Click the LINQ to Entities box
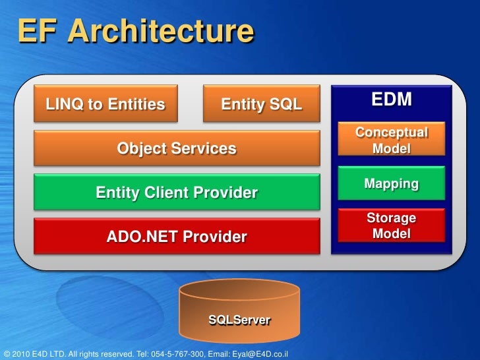tap(105, 104)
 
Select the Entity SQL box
tap(261, 104)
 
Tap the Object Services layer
tap(177, 148)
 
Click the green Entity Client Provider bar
tap(177, 193)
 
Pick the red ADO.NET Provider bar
tap(177, 236)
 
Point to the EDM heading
tap(392, 100)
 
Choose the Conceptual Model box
tap(392, 140)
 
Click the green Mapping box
tap(392, 184)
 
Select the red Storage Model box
tap(392, 225)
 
